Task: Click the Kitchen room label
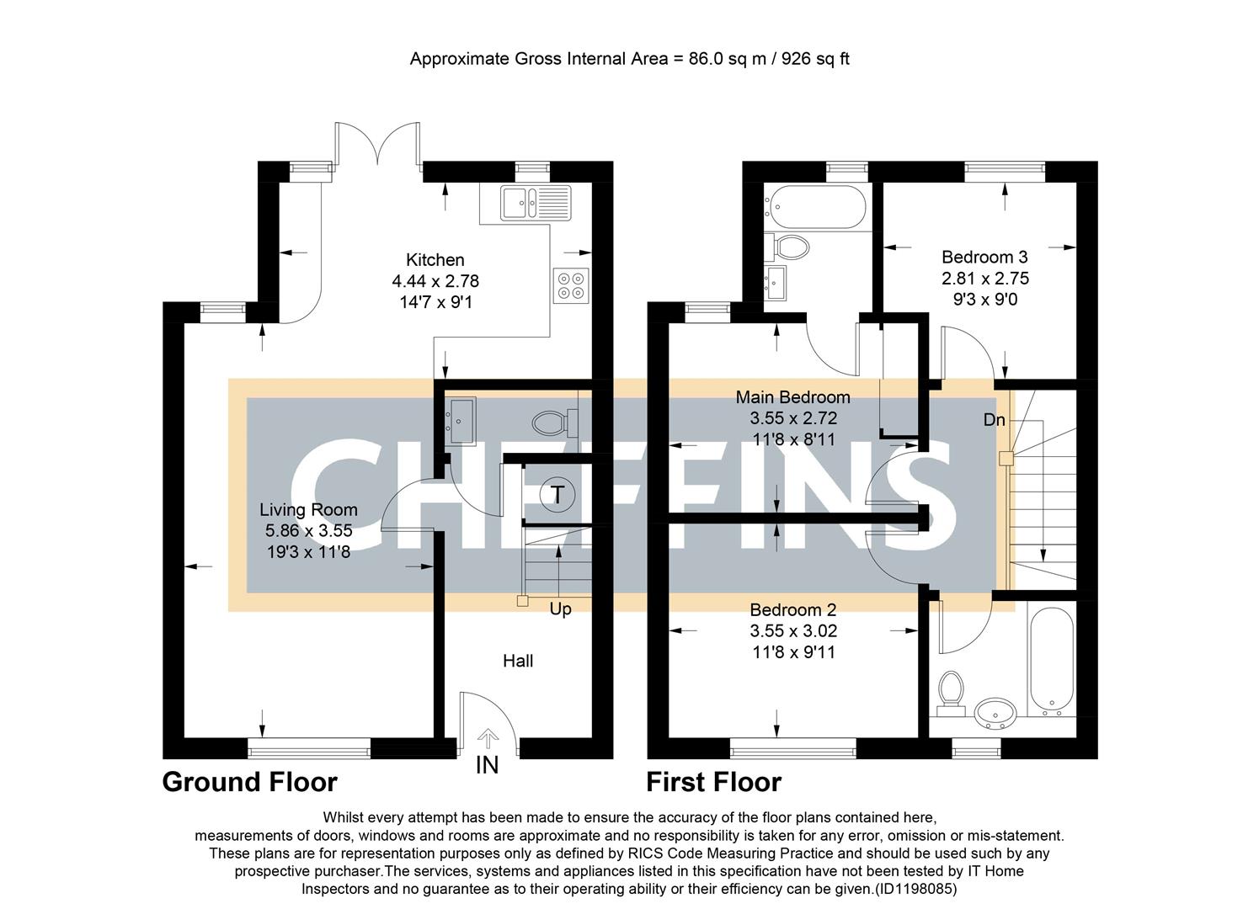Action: pyautogui.click(x=435, y=260)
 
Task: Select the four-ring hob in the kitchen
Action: pyautogui.click(x=571, y=284)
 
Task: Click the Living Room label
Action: pyautogui.click(x=308, y=509)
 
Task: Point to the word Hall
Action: pyautogui.click(x=518, y=661)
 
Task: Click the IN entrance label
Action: pyautogui.click(x=487, y=765)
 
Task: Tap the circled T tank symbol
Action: pyautogui.click(x=557, y=494)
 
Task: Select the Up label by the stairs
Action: pyautogui.click(x=560, y=609)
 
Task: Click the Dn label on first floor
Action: pyautogui.click(x=995, y=419)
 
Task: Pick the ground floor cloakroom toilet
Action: pyautogui.click(x=553, y=421)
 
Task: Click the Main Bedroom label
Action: pyautogui.click(x=792, y=396)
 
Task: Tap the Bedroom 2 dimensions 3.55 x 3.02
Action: pyautogui.click(x=793, y=630)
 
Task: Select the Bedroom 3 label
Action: pyautogui.click(x=984, y=257)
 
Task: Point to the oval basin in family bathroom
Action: pyautogui.click(x=996, y=715)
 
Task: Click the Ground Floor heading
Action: pyautogui.click(x=249, y=782)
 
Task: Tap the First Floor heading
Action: pyautogui.click(x=713, y=782)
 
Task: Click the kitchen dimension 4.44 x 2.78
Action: pyautogui.click(x=435, y=281)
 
